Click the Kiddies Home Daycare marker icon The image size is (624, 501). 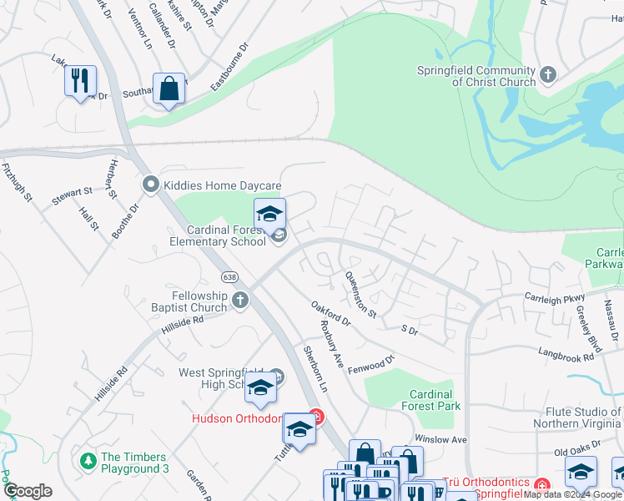tap(151, 184)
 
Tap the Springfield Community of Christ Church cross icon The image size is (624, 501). tap(548, 76)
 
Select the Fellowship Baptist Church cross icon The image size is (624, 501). tap(240, 301)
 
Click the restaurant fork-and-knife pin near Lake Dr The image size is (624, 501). tap(80, 81)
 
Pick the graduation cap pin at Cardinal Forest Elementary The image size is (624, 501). tap(270, 215)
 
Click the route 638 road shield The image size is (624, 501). tap(229, 276)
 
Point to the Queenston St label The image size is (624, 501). tap(362, 296)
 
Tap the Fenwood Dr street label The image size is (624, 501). tap(370, 366)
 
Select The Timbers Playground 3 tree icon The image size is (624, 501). tap(87, 461)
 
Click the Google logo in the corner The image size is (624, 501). tap(28, 491)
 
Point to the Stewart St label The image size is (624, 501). tap(71, 193)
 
